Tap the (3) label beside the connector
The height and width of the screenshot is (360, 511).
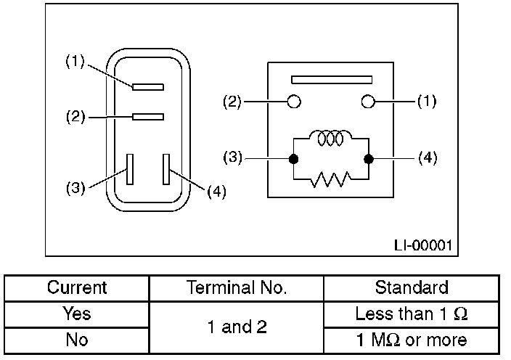click(75, 188)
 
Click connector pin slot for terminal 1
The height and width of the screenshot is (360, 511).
click(149, 86)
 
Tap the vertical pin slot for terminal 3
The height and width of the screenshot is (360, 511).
click(131, 168)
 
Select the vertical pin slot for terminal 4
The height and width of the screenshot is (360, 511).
click(166, 168)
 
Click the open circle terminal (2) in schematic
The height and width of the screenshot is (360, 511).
click(294, 102)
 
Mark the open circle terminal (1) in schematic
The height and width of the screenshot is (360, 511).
click(369, 102)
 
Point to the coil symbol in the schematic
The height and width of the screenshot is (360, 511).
click(330, 138)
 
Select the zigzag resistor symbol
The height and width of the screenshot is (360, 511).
click(330, 179)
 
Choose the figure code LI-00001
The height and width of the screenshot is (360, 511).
click(422, 246)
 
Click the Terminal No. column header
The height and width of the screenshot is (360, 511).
click(236, 287)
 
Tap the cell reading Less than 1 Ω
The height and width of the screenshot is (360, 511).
click(412, 314)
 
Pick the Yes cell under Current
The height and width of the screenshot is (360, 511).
click(77, 314)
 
